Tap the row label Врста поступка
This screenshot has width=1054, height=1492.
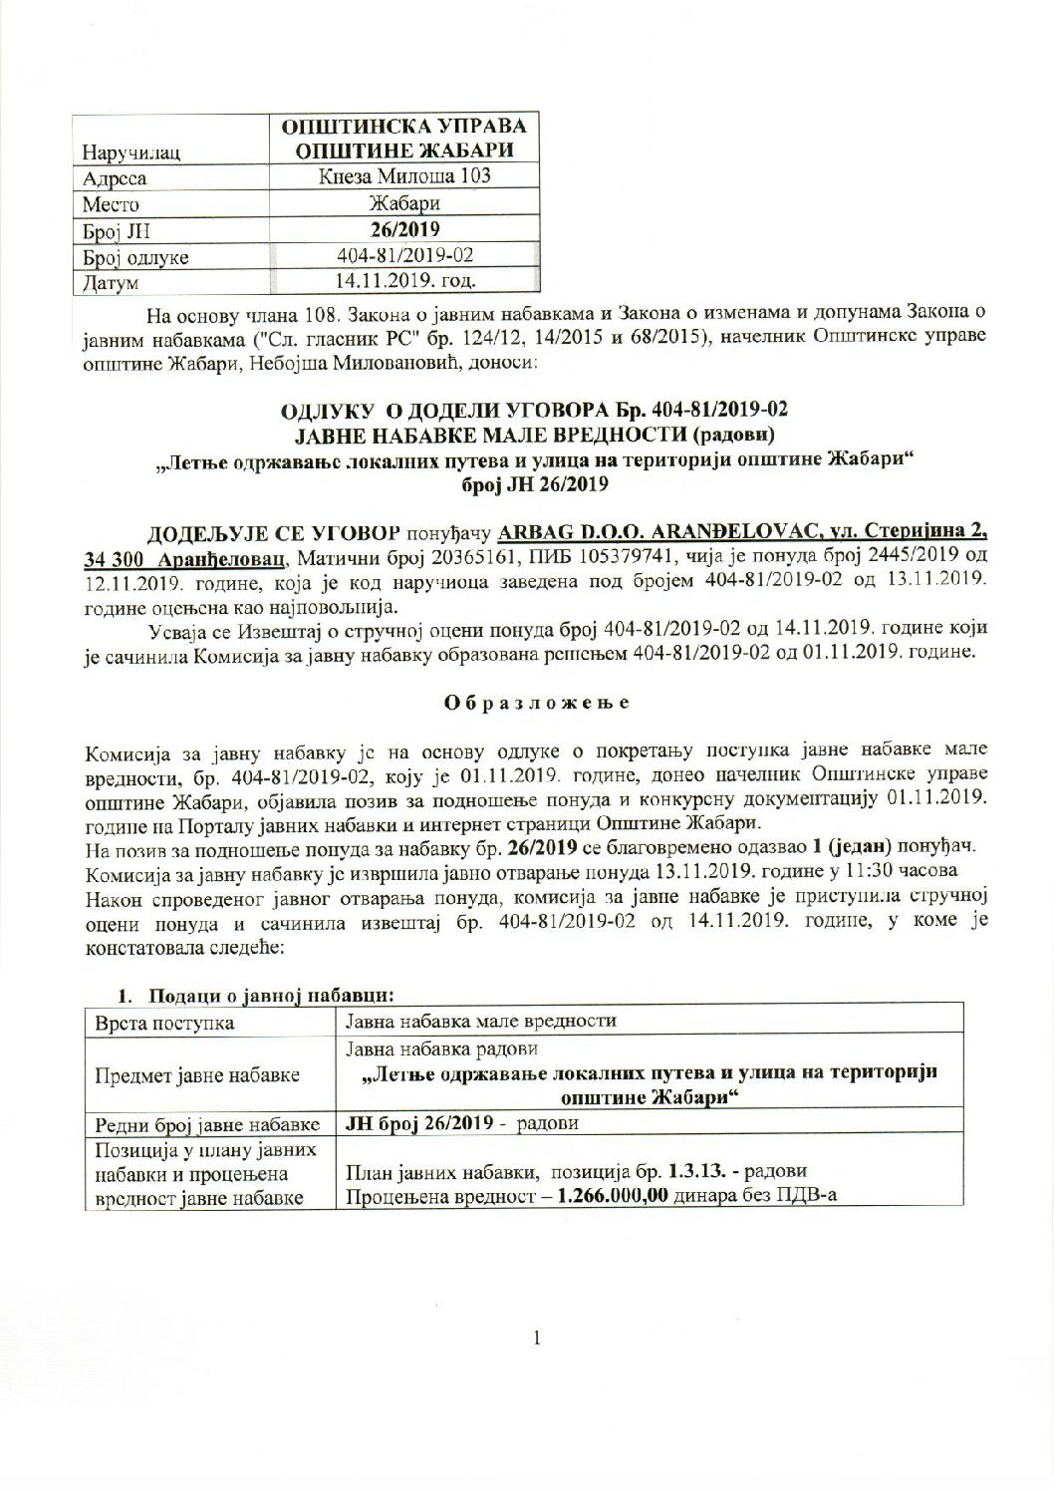point(164,1022)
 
